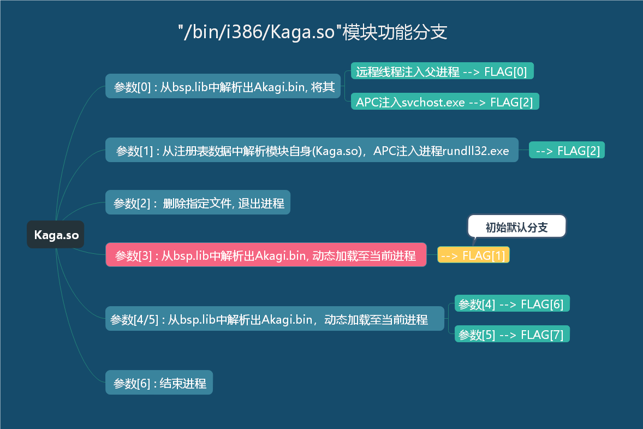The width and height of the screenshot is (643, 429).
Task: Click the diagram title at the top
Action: pos(312,32)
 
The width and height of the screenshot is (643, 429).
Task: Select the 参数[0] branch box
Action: pos(223,86)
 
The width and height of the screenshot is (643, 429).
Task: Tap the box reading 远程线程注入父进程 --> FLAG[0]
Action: pos(442,71)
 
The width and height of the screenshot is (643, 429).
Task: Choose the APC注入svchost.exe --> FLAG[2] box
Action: pos(445,102)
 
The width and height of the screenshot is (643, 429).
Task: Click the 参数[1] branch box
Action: pos(312,150)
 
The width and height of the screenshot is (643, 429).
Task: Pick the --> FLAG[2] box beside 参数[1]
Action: pos(567,150)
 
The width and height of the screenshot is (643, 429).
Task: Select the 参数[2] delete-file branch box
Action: pos(198,202)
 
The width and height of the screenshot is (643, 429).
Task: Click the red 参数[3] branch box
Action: pos(266,255)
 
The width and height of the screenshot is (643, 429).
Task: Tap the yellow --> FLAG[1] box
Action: pos(473,255)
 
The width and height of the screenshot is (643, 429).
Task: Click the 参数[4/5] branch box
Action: pos(275,318)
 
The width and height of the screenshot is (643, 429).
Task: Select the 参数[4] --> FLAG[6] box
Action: pos(512,303)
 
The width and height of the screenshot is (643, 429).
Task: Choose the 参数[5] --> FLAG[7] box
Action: pos(512,334)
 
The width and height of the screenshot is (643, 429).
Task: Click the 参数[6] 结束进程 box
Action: pos(159,382)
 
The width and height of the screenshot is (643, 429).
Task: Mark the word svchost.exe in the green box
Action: pos(433,102)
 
